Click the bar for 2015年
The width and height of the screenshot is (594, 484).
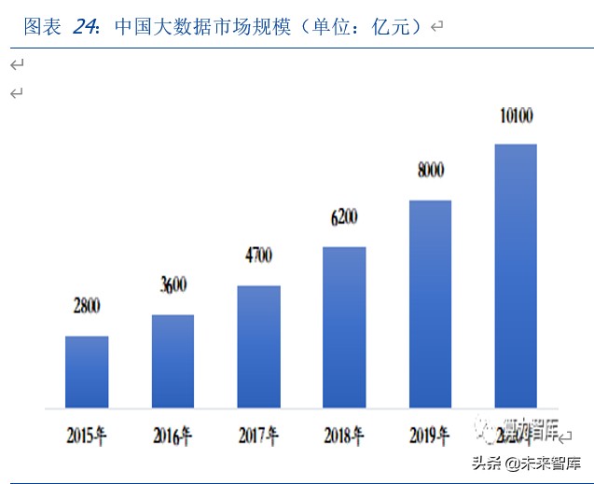tap(87, 372)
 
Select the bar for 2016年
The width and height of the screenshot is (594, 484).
tap(173, 361)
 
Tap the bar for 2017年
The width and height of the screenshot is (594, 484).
tap(258, 347)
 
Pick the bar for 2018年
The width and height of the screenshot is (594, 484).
tap(344, 327)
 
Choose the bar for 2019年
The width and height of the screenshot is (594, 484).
tap(430, 304)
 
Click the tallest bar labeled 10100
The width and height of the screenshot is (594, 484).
tap(516, 276)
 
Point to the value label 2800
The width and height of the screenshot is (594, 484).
tap(87, 306)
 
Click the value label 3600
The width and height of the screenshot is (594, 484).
tap(173, 286)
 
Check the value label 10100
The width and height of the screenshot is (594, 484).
tap(515, 117)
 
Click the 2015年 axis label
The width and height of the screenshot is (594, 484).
tap(88, 436)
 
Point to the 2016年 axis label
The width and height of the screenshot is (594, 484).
tap(173, 436)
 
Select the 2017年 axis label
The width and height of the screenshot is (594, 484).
tap(259, 436)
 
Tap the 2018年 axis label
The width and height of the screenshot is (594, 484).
tap(345, 436)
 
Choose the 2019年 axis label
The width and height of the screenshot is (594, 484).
tap(431, 436)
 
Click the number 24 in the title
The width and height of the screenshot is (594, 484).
tap(85, 27)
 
